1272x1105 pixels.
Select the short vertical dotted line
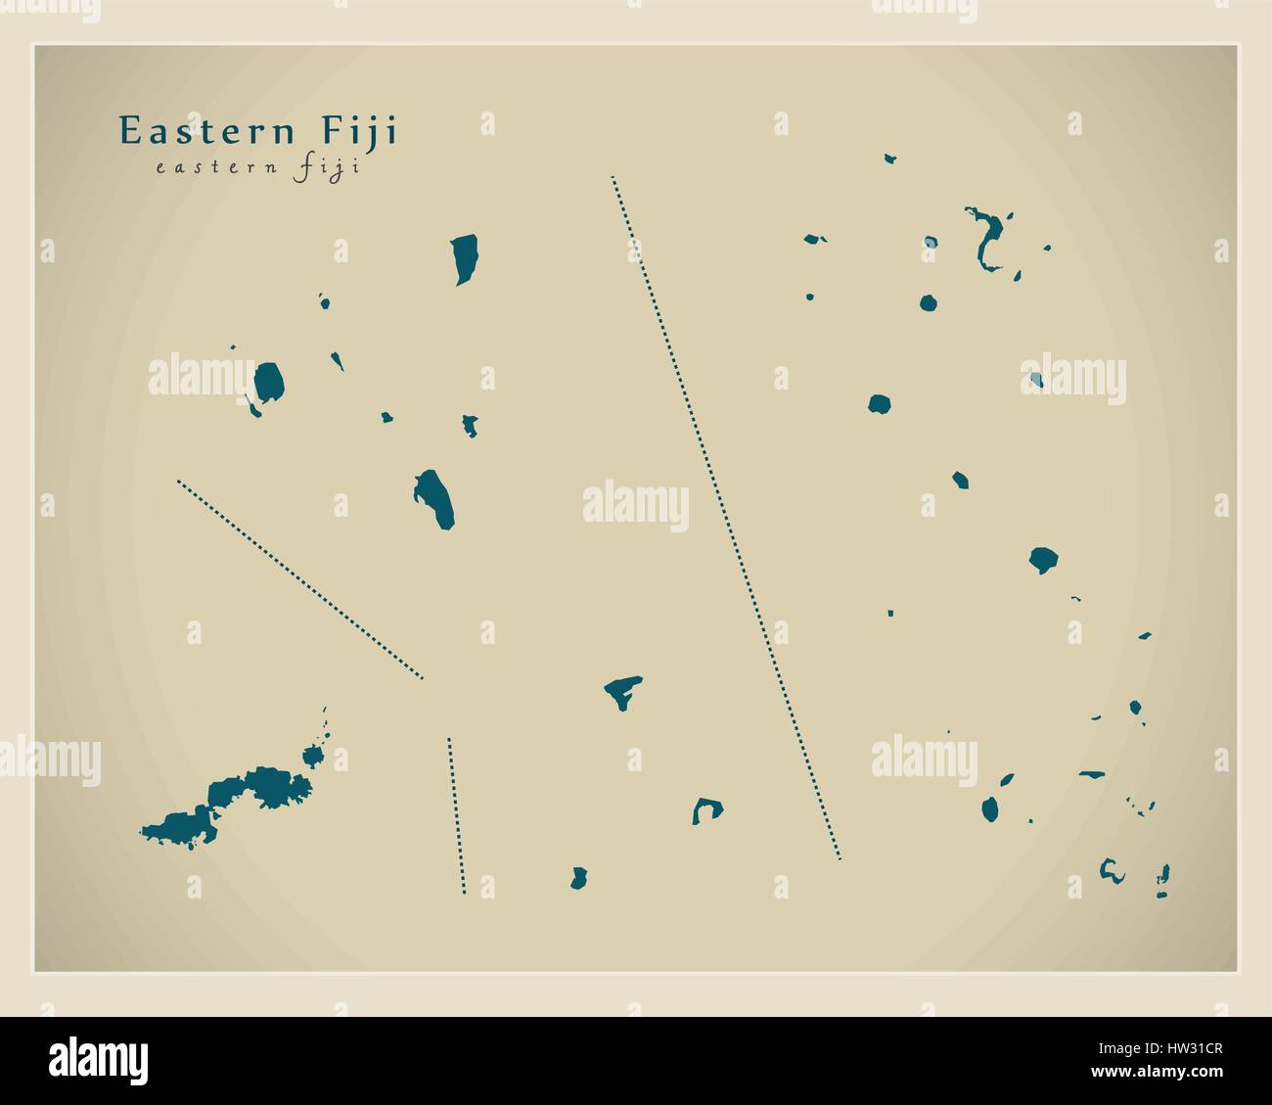pos(456,815)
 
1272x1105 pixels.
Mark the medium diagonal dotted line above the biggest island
pos(299,578)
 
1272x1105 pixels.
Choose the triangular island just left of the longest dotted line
pos(622,691)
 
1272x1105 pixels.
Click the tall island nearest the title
pos(464,257)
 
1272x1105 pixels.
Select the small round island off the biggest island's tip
pos(313,756)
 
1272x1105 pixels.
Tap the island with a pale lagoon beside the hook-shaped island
pos(931,242)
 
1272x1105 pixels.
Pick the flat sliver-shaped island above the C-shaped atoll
pos(1092,775)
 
